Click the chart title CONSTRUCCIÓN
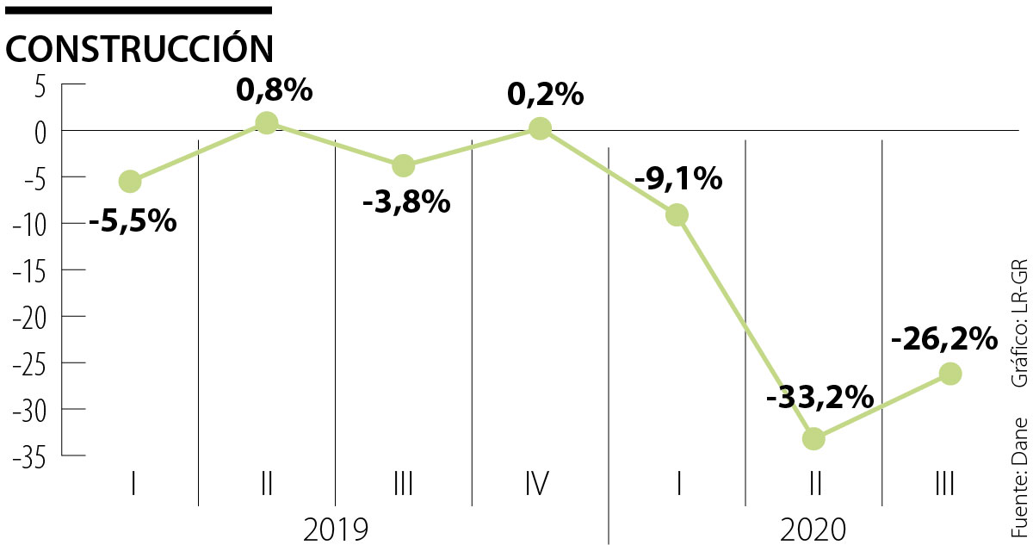click(139, 48)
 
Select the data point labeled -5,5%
click(130, 181)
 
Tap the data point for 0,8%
click(267, 122)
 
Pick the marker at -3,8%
click(403, 164)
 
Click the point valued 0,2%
click(540, 128)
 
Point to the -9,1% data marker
click(677, 214)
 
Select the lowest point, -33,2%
click(813, 438)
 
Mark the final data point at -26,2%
click(950, 373)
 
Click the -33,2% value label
click(819, 399)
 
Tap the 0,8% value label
click(274, 90)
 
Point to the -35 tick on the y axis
click(35, 456)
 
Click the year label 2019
click(336, 528)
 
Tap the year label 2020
click(813, 528)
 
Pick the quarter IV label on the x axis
click(537, 484)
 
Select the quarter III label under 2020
click(944, 484)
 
